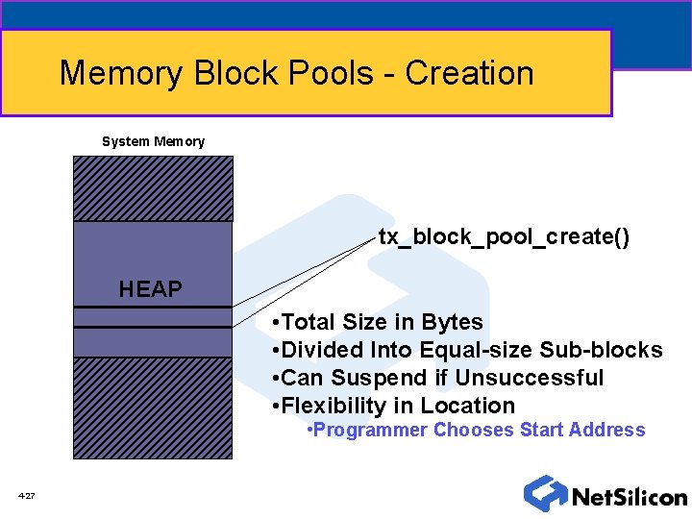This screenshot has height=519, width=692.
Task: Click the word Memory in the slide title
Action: click(121, 73)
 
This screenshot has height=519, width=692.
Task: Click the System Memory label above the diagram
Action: click(153, 141)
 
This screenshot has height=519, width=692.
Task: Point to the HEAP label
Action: click(151, 288)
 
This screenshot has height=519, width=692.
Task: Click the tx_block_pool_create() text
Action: click(504, 236)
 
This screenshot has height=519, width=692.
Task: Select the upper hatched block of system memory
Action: click(153, 188)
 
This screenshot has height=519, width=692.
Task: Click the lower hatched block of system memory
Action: click(153, 408)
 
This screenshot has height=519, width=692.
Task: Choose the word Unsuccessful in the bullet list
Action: click(530, 378)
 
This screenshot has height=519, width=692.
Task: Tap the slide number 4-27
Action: click(26, 496)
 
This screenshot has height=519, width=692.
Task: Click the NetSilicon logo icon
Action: click(544, 493)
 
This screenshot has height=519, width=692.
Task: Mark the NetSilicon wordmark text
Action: click(629, 497)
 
